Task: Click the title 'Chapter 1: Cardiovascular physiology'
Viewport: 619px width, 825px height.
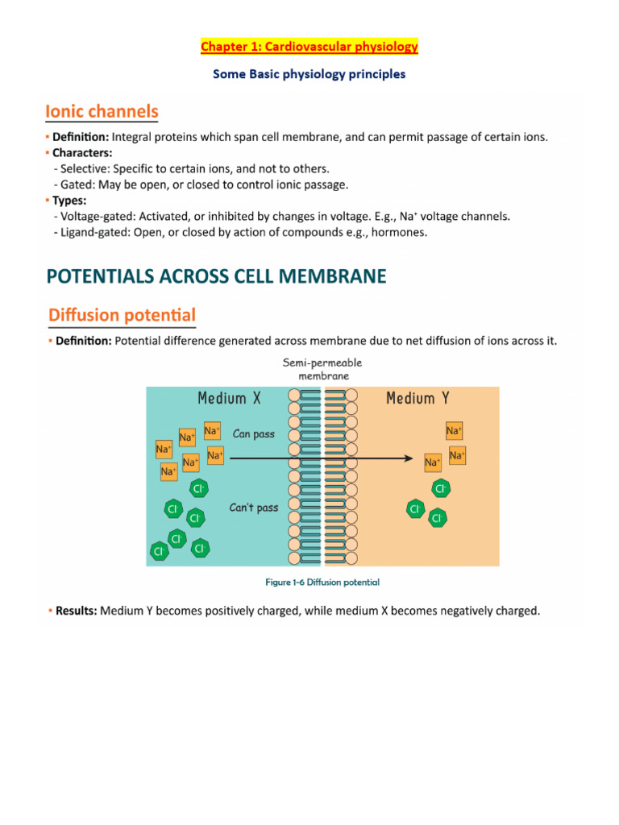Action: pos(309,47)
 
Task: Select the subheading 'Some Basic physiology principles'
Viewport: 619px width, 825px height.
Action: pos(309,74)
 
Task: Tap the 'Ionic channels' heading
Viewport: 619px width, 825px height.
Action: pos(102,111)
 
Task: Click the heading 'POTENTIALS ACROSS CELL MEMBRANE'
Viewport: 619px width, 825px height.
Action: pos(217,276)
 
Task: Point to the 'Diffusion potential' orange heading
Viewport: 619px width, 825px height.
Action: pos(122,313)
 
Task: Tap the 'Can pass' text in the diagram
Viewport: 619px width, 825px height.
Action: pos(253,433)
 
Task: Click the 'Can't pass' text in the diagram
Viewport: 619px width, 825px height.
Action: pos(254,508)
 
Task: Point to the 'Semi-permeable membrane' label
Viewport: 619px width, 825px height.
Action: pos(322,369)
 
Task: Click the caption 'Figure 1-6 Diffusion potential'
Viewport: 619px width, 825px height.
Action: pos(322,582)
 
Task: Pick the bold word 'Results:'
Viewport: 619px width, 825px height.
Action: pos(76,611)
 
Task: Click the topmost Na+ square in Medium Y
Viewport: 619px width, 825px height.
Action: pos(455,431)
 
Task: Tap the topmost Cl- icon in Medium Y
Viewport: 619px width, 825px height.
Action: pos(441,489)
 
